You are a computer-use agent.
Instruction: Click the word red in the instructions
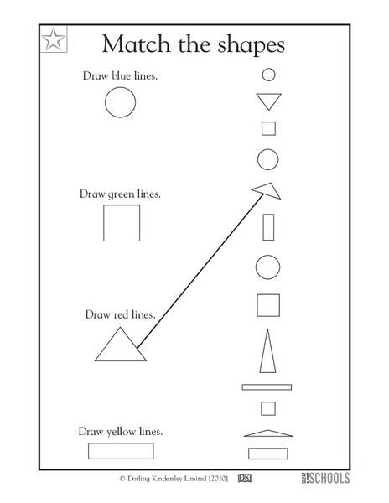122,314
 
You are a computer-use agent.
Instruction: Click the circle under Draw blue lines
120,102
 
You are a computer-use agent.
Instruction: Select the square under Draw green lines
122,224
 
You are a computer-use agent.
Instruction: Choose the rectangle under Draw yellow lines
121,451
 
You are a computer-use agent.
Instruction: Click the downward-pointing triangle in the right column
269,101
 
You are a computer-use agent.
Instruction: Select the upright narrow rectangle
269,227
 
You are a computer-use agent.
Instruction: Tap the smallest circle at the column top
269,74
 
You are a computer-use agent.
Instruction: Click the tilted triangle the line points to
267,191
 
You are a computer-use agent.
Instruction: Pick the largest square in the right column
268,303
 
